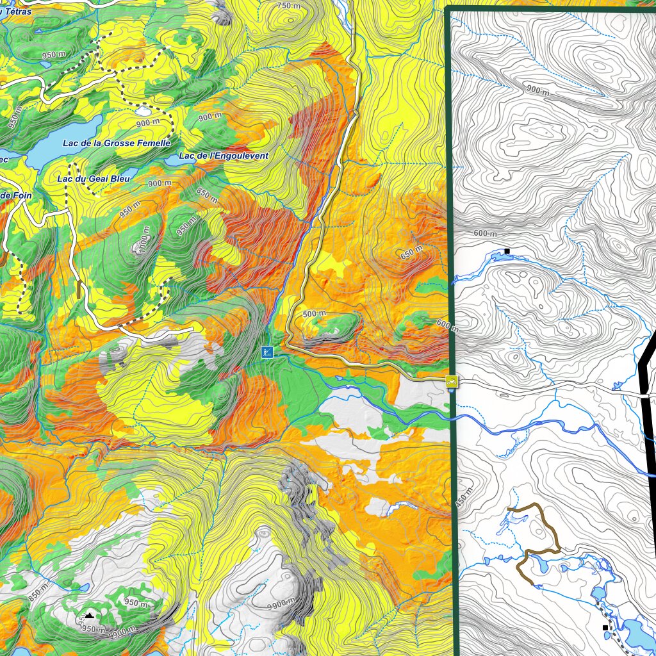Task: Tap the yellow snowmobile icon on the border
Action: [452, 382]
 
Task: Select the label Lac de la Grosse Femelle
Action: [117, 143]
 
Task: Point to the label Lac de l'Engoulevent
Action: [224, 156]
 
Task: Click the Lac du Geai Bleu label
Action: [93, 179]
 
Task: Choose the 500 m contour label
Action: [314, 314]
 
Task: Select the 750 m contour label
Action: [288, 6]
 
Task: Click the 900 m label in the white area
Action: [538, 91]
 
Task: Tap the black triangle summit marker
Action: [90, 616]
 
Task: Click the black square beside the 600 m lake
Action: [507, 251]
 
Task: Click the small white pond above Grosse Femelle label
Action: [143, 110]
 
